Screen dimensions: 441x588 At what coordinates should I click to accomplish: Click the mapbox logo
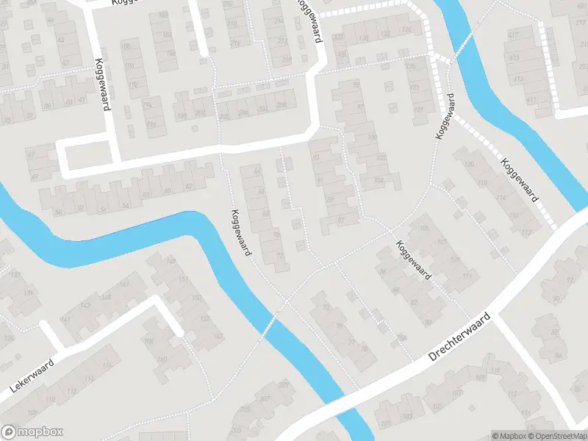[x=32, y=432]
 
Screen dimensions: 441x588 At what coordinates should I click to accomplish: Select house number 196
[x=151, y=125]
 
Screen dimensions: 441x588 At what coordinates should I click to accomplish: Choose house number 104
[x=379, y=179]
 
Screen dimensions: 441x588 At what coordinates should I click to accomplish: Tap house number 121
[x=420, y=110]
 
